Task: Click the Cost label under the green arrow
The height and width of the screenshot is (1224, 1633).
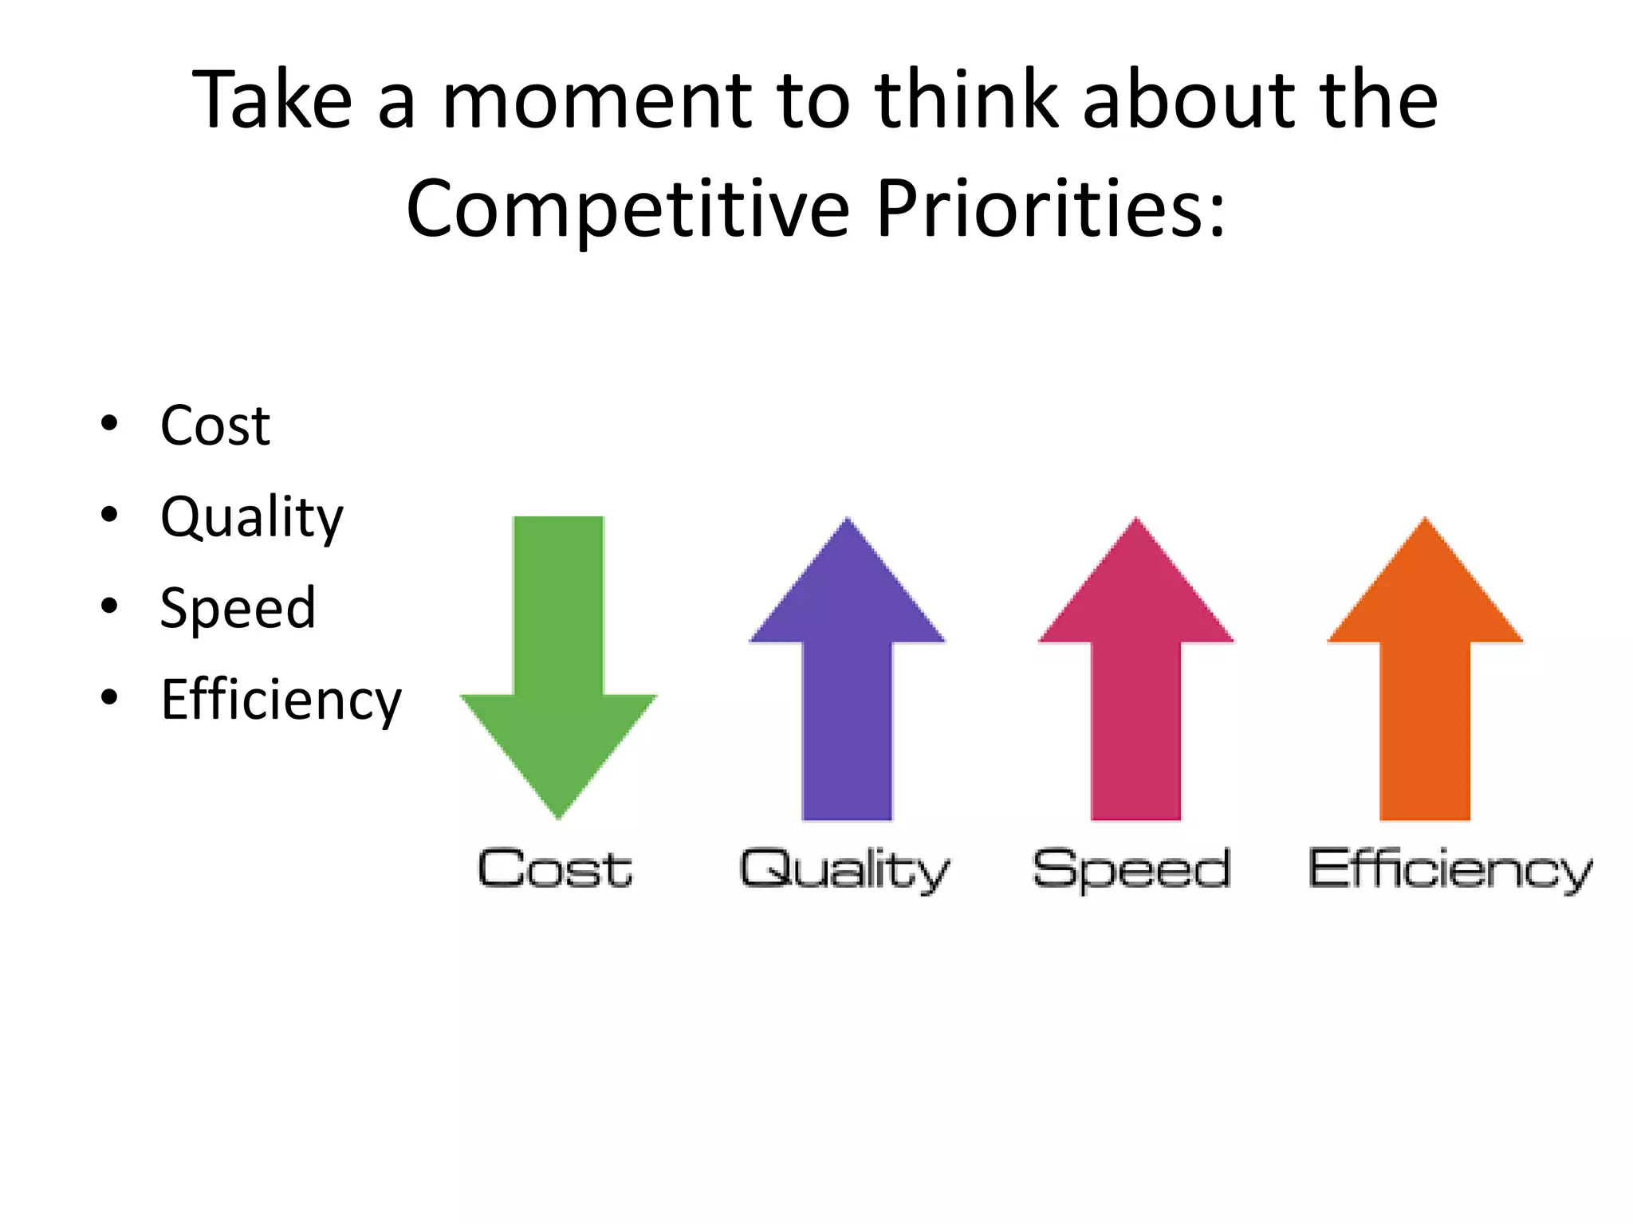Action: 555,869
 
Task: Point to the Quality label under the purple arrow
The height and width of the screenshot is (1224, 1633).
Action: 845,870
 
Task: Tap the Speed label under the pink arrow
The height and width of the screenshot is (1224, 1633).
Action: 1132,870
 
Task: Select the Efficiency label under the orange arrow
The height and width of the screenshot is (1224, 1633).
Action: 1450,870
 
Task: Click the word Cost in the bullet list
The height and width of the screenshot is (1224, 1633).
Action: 215,426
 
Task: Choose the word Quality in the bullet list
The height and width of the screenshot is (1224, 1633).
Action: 252,518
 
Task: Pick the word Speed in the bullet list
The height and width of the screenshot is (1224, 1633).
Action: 238,609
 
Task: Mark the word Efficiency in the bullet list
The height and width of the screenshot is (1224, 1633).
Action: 281,700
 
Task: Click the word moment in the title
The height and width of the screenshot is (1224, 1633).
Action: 596,100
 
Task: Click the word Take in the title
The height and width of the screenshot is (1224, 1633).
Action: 272,100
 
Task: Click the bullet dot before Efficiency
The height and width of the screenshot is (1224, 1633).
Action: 109,698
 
